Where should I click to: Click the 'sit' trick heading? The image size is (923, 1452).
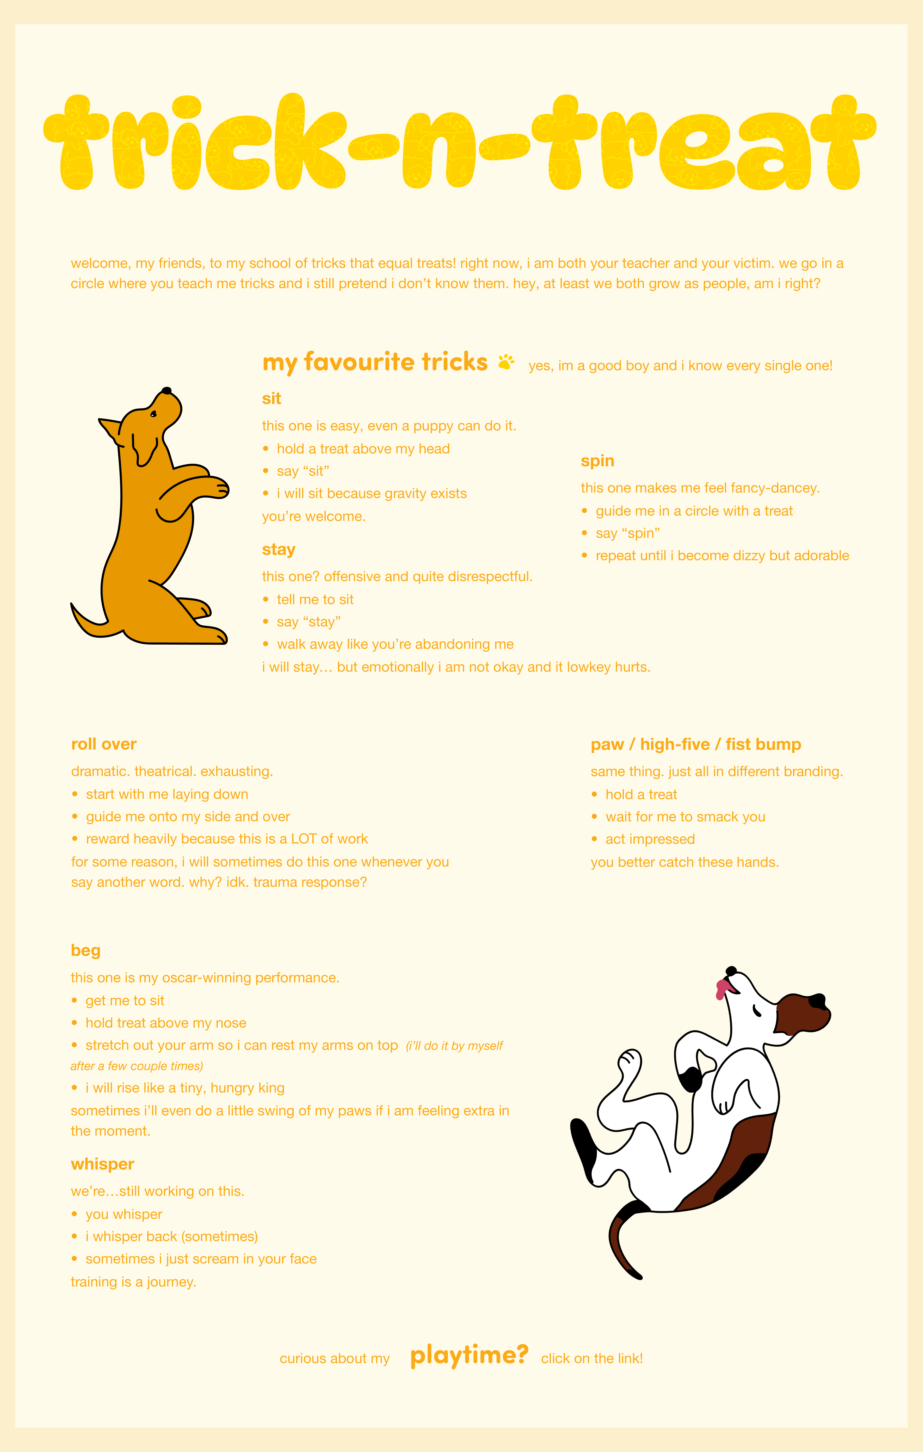click(x=271, y=399)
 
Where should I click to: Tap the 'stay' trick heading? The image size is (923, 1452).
click(x=279, y=549)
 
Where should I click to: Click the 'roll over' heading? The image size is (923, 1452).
click(x=104, y=744)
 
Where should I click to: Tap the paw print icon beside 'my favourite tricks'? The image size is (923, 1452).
click(x=506, y=362)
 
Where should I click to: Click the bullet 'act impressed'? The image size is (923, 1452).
click(x=650, y=839)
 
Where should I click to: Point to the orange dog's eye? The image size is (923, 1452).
click(x=153, y=414)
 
